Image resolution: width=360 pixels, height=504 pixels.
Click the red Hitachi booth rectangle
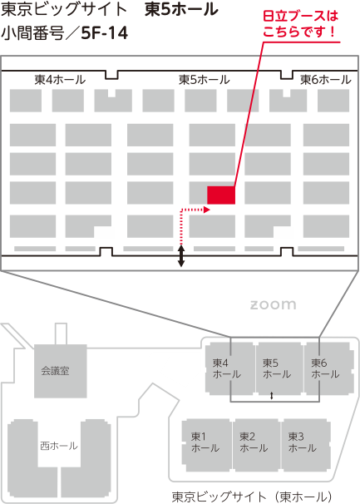tap(221, 195)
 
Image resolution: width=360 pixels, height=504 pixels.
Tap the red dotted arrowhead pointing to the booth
tap(207, 210)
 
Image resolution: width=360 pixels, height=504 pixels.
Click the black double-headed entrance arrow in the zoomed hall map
tap(181, 256)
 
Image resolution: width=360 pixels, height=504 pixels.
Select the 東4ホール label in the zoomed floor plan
tap(60, 79)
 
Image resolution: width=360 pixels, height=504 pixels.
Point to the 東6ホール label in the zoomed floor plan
tap(326, 79)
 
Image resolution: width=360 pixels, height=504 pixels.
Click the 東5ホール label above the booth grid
tap(205, 79)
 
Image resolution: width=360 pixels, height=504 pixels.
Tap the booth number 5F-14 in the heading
tap(105, 33)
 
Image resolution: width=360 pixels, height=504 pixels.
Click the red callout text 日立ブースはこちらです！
tap(300, 24)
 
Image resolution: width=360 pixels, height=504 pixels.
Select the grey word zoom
tap(274, 304)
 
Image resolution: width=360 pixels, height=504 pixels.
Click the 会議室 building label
tap(55, 371)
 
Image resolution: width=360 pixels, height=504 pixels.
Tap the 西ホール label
tap(59, 446)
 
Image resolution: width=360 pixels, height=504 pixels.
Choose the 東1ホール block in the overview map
tap(207, 445)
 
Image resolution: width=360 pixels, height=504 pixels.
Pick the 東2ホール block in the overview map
tap(256, 445)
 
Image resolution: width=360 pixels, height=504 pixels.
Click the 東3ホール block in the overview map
tap(306, 445)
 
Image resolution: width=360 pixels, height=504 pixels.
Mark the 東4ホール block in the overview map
tap(230, 368)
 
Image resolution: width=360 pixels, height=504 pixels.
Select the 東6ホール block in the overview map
tap(327, 368)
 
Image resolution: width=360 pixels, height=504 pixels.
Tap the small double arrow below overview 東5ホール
tap(272, 395)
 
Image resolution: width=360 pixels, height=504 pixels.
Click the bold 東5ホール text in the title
tap(181, 9)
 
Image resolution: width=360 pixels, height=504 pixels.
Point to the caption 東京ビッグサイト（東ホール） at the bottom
tap(252, 497)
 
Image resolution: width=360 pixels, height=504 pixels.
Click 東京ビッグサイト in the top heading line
tap(64, 9)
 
